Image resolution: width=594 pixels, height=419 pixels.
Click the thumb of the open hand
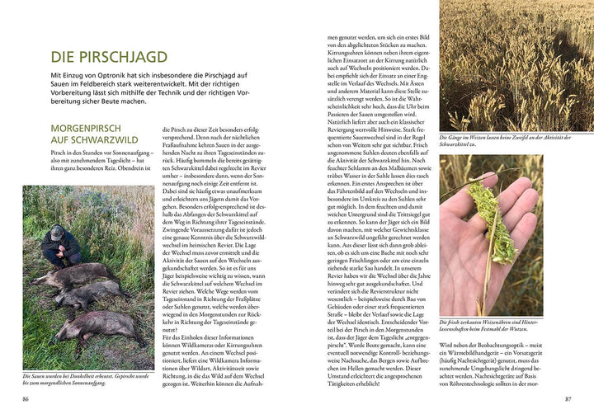(474, 273)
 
